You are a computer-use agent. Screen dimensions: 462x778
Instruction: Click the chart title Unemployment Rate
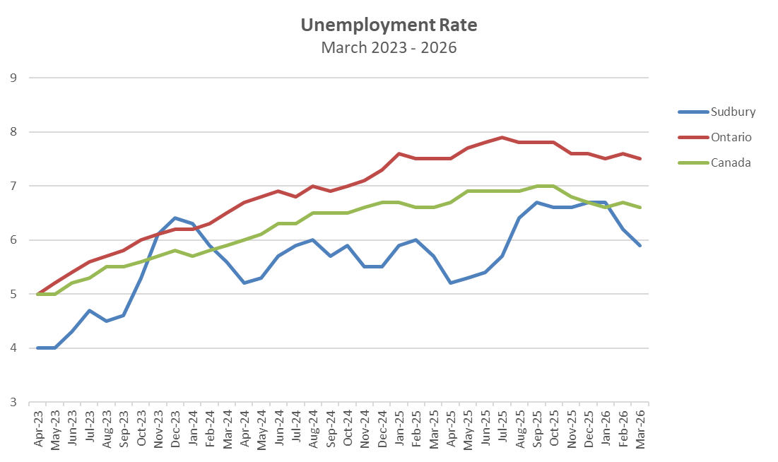[x=389, y=25]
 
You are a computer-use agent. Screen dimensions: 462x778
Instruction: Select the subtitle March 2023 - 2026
[x=389, y=47]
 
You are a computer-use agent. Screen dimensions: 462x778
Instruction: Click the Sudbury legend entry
[x=733, y=112]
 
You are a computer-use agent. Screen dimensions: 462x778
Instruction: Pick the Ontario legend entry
[x=731, y=137]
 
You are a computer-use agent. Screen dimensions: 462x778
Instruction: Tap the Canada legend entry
[x=731, y=162]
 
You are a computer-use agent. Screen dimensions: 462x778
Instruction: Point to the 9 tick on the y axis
[x=13, y=78]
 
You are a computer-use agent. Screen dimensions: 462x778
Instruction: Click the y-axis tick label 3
[x=13, y=403]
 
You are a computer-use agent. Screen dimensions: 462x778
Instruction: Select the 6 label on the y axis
[x=13, y=240]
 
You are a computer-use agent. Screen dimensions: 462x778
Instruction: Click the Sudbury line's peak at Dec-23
[x=175, y=218]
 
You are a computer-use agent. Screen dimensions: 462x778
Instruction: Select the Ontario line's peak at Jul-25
[x=502, y=137]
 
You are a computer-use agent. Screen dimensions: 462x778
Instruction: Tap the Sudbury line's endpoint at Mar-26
[x=640, y=245]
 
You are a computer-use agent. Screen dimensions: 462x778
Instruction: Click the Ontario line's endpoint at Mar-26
[x=640, y=159]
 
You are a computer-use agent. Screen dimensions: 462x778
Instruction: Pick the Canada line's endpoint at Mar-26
[x=640, y=208]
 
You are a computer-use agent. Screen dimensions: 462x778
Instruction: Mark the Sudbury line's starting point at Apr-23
[x=37, y=348]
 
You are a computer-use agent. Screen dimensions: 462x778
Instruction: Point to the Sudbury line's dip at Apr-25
[x=451, y=283]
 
